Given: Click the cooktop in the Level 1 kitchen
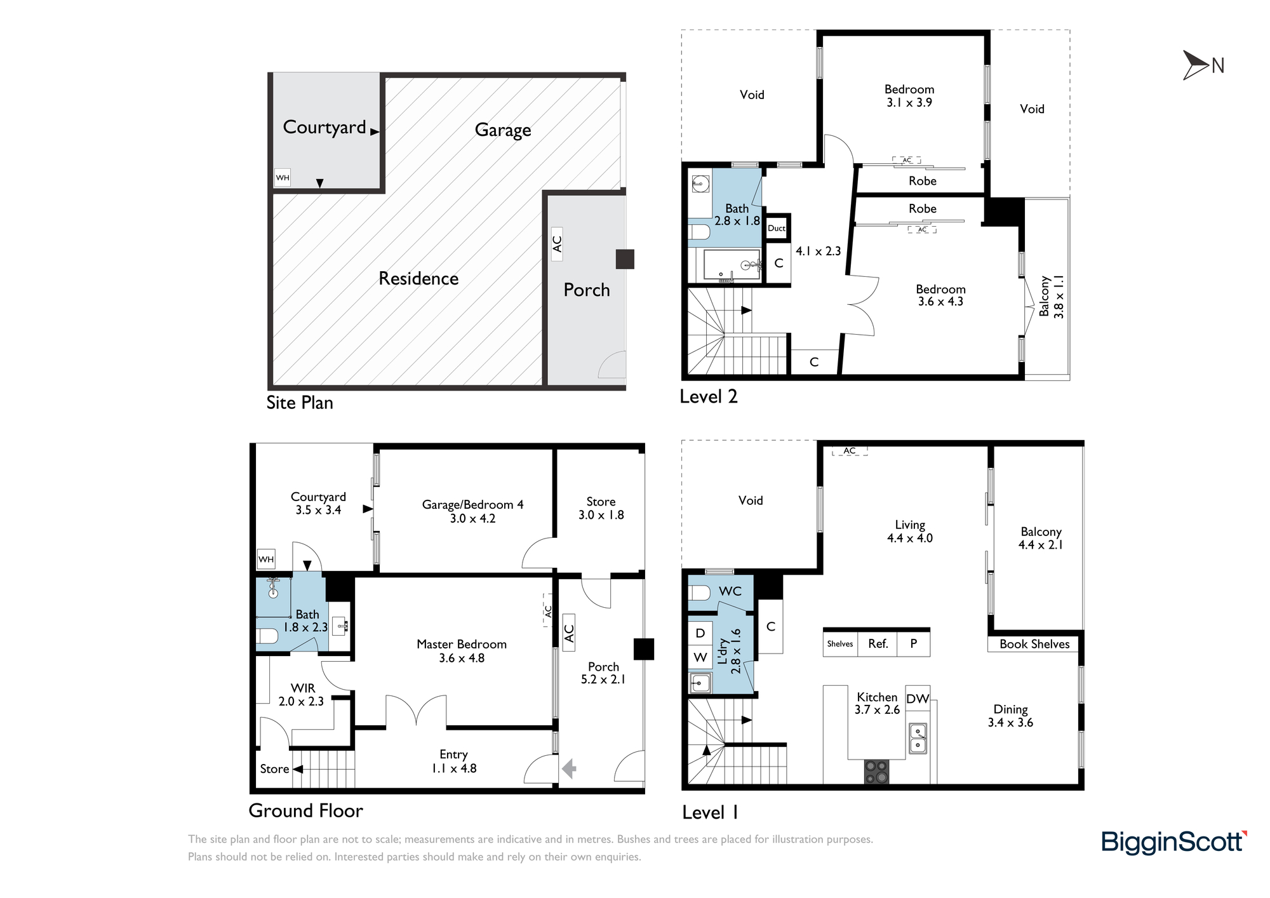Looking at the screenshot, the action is point(876,772).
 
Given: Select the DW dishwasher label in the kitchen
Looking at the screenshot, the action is point(918,699).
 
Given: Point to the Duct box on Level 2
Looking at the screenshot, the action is point(777,228).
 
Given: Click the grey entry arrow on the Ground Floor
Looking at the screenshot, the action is point(569,769).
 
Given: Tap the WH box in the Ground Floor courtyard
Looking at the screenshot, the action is point(266,559).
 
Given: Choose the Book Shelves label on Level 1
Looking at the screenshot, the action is point(1034,644).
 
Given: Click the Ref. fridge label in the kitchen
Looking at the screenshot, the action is point(878,643).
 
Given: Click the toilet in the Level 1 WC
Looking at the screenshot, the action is point(699,593).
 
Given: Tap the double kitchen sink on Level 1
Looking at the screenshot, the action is point(918,738).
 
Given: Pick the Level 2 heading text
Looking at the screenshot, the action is point(709,397).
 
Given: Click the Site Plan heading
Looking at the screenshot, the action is point(300,403).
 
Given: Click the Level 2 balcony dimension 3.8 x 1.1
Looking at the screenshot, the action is point(1059,297).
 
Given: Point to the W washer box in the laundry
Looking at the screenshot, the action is point(700,657).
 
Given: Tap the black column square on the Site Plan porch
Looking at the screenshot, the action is point(625,259).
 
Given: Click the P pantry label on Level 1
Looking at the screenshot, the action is point(913,643).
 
